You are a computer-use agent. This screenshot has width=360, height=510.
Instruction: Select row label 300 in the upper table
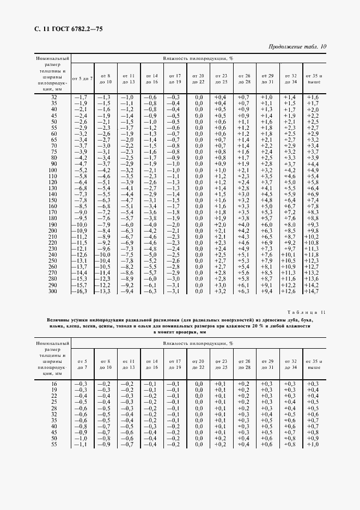[x=53, y=292]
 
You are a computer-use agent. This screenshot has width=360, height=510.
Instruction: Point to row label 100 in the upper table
[x=53, y=171]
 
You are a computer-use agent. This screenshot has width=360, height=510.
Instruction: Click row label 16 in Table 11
[x=53, y=384]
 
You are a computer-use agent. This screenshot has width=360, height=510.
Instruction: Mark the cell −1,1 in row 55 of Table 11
[x=81, y=445]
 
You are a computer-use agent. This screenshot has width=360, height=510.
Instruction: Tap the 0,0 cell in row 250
[x=198, y=261]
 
